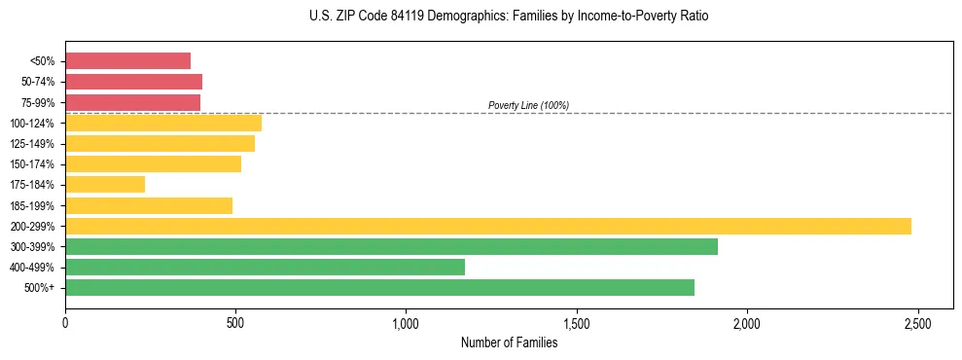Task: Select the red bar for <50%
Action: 127,60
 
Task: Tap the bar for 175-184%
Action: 105,184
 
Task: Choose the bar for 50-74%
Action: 133,81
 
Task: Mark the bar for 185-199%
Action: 149,205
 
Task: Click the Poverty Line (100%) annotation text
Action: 528,105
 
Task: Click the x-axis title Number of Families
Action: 509,342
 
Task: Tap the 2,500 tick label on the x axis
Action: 917,322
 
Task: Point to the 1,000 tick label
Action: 406,322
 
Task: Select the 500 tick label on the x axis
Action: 235,322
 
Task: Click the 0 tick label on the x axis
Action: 65,322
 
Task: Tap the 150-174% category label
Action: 33,164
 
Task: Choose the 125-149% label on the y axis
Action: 33,144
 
